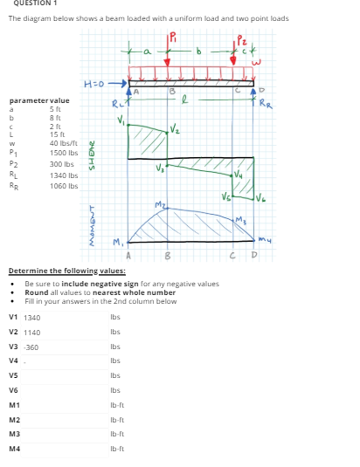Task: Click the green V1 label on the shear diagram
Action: tap(122, 122)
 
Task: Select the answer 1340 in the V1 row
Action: tap(32, 317)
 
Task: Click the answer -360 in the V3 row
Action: tap(31, 347)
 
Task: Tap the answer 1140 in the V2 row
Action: tap(32, 332)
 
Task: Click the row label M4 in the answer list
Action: tap(13, 447)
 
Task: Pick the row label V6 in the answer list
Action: tap(13, 389)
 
